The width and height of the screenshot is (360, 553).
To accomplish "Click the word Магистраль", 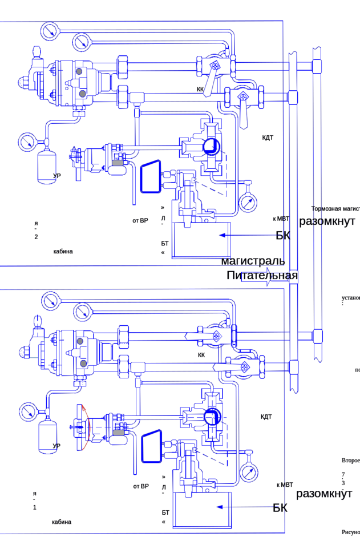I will coord(253,262).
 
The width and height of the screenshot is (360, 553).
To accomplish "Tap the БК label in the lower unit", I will coord(281,507).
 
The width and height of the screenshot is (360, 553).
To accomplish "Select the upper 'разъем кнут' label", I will coord(328,221).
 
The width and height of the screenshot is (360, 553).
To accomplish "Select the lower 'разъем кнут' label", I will coord(328,494).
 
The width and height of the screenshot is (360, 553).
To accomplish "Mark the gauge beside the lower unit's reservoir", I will coord(26,411).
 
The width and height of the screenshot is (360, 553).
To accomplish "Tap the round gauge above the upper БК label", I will coord(248,203).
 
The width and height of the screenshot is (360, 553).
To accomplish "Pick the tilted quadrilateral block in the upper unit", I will coord(150,177).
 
